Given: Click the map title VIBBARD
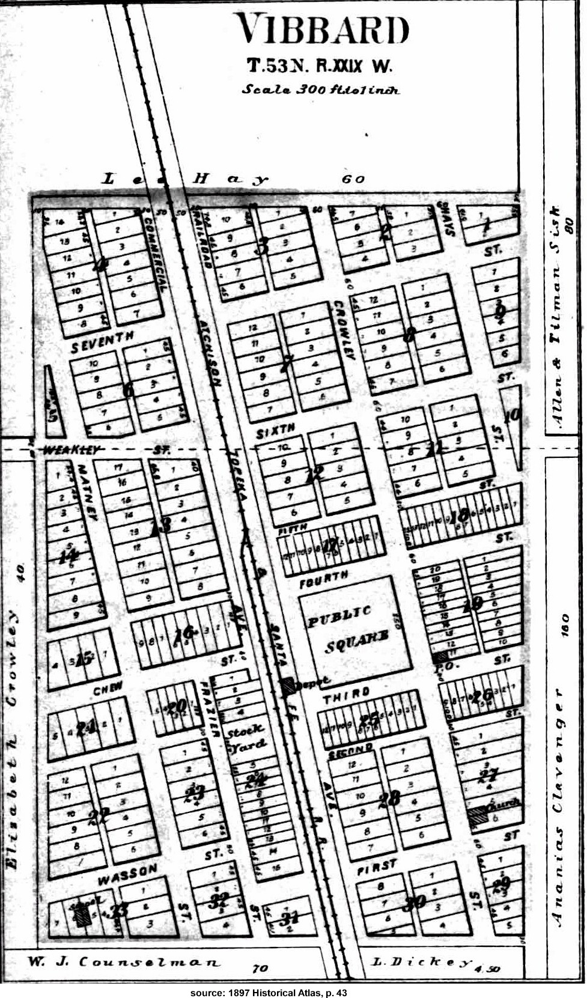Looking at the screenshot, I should (321, 29).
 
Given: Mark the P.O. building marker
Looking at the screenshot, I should (442, 657).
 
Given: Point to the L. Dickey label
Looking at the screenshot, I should (421, 962).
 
